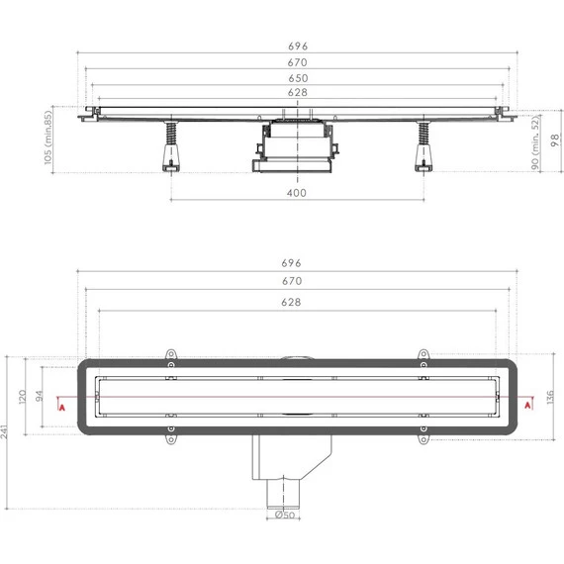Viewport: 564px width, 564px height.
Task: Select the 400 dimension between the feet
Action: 296,193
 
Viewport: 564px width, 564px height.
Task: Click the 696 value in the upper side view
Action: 297,46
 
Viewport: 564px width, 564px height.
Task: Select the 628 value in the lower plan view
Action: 296,302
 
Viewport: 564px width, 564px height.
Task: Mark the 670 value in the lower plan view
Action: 297,283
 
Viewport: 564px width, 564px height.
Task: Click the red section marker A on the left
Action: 62,406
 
